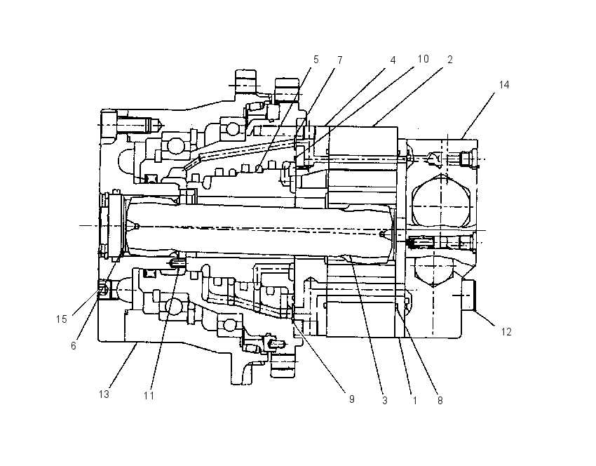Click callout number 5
pos(316,60)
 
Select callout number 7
pos(340,60)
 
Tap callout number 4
pos(393,60)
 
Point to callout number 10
pos(423,58)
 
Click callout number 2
pos(449,60)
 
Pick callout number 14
pos(504,84)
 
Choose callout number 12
pos(506,332)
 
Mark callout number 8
pos(440,400)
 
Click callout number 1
pos(414,400)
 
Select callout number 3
pos(385,400)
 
